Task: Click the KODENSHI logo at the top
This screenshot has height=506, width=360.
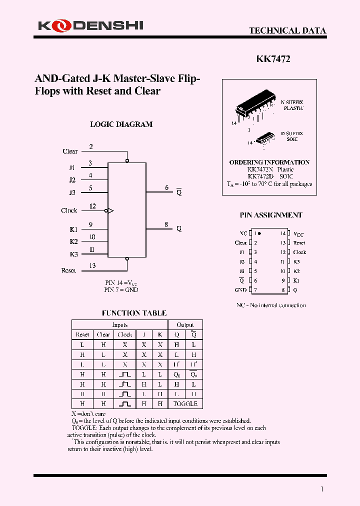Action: tap(90, 25)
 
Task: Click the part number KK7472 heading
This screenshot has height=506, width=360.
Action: tap(273, 59)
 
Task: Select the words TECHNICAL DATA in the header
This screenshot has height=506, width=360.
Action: tap(287, 30)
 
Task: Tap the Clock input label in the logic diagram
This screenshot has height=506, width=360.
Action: tap(69, 210)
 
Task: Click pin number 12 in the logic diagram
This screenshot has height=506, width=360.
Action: tap(92, 206)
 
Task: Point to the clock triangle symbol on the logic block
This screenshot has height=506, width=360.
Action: tap(111, 211)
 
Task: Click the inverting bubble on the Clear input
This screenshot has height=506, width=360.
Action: tap(127, 160)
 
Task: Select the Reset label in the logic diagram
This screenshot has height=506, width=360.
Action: tap(68, 270)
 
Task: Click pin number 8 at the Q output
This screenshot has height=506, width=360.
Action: tap(166, 224)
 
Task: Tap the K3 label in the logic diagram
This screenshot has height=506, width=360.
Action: tap(74, 254)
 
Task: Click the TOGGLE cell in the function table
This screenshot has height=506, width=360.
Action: tap(185, 403)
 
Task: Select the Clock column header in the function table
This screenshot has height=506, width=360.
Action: tap(124, 334)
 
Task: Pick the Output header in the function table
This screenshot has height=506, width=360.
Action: tap(185, 325)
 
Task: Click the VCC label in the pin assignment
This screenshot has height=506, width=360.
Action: tap(298, 234)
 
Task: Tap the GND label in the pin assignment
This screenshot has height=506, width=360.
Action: tap(240, 290)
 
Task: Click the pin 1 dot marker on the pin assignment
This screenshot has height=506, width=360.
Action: tap(259, 233)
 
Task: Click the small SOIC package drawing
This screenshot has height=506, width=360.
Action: tap(265, 138)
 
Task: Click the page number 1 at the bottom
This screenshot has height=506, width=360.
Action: tap(321, 489)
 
